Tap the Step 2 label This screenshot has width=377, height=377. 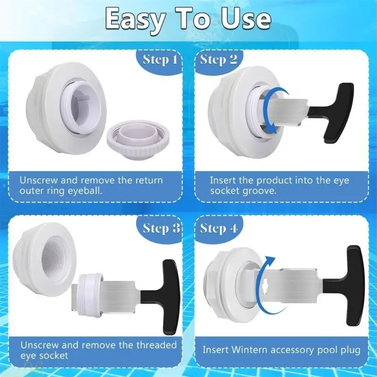pyautogui.click(x=219, y=60)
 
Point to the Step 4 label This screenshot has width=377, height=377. pyautogui.click(x=219, y=229)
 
